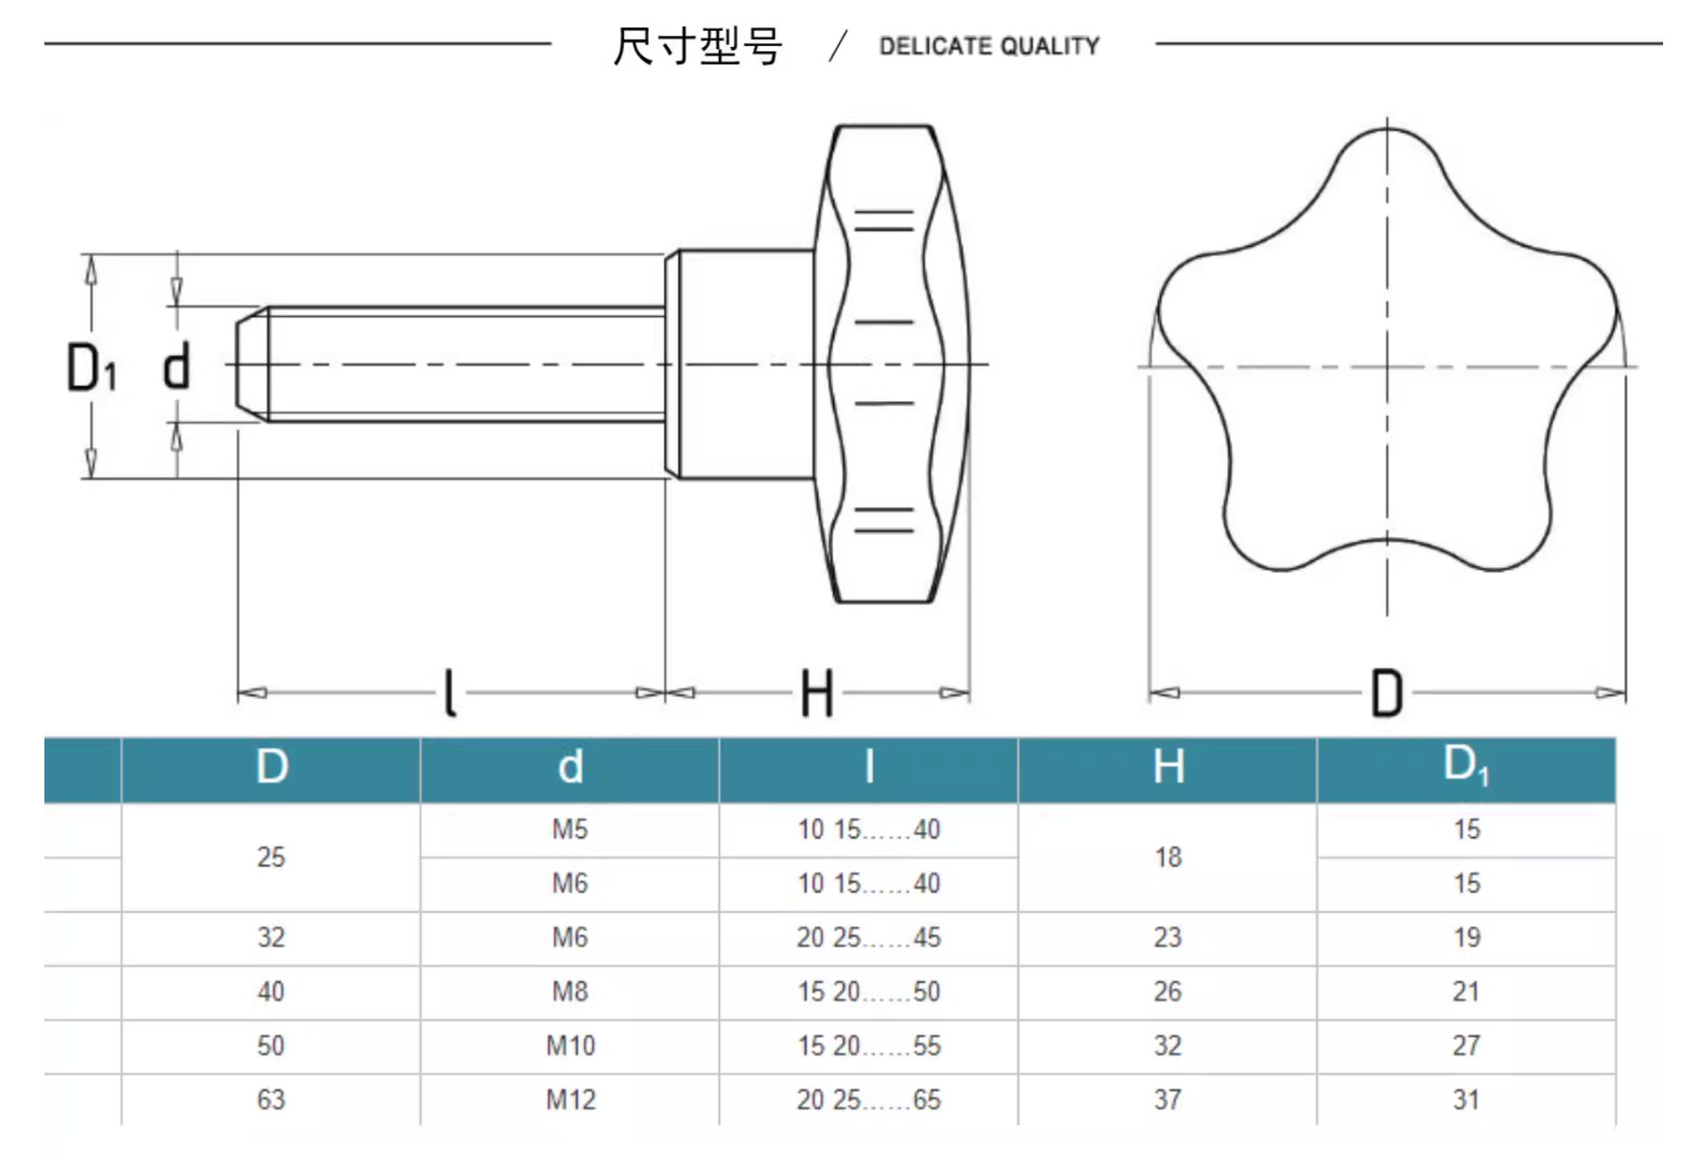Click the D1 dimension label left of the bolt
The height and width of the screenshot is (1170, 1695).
click(x=91, y=367)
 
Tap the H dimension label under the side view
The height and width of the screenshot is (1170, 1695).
click(x=816, y=693)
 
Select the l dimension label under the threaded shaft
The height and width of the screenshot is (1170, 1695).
click(x=450, y=693)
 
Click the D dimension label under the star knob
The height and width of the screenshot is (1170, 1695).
click(x=1386, y=693)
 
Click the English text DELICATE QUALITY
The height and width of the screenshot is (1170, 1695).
click(x=989, y=46)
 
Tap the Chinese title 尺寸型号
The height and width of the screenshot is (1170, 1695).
click(x=698, y=46)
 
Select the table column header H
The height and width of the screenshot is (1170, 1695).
click(x=1168, y=767)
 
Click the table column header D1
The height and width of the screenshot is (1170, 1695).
click(x=1465, y=765)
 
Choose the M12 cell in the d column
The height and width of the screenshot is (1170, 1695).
click(x=571, y=1100)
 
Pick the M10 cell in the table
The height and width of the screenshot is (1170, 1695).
click(x=571, y=1046)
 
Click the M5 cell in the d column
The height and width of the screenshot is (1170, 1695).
click(x=570, y=829)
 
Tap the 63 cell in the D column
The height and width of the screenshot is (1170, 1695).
click(x=271, y=1100)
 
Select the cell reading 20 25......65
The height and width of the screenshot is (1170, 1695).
click(x=868, y=1100)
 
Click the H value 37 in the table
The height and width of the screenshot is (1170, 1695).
click(x=1168, y=1100)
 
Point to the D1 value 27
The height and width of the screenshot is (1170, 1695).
click(x=1466, y=1046)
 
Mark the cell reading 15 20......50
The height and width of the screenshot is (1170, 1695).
click(x=868, y=992)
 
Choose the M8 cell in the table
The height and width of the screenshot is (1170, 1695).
click(x=570, y=992)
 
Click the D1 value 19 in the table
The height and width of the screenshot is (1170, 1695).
click(x=1466, y=937)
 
